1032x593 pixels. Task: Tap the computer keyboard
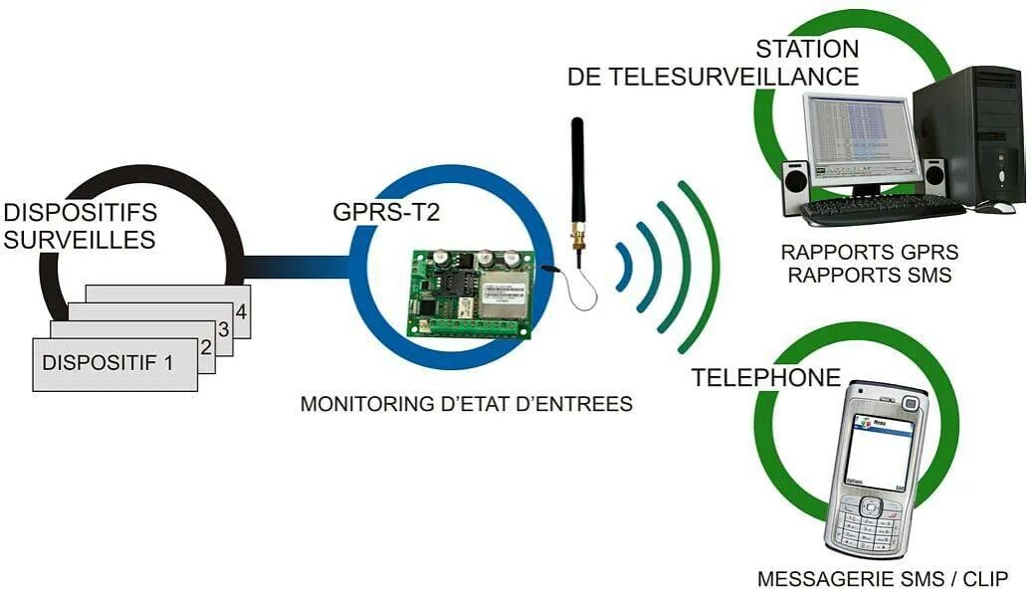880,210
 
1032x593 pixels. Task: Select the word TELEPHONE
766,377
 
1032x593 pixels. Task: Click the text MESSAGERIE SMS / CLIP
883,578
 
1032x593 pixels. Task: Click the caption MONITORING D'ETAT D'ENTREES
466,404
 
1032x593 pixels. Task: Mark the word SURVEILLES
80,239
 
